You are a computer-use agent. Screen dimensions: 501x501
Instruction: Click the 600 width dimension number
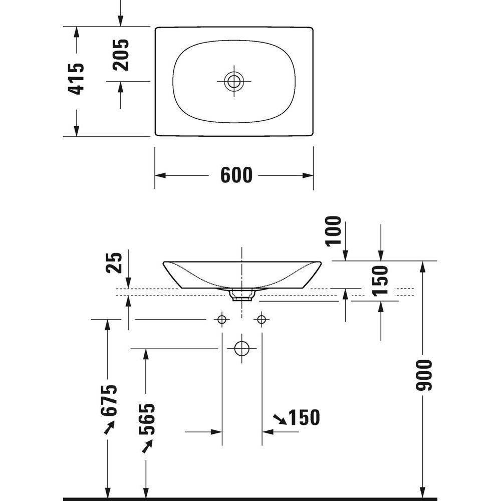point(236,175)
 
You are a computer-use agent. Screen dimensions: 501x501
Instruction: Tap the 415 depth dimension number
point(76,79)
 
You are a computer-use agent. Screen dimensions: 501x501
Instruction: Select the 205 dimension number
point(121,55)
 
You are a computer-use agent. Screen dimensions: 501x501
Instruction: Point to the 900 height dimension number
point(424,375)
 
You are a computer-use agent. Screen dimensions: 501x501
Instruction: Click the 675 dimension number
point(109,400)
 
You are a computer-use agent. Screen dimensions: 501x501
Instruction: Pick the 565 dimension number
point(147,419)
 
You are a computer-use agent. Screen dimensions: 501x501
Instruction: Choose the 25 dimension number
point(114,263)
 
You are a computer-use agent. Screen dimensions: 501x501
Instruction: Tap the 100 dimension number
point(333,231)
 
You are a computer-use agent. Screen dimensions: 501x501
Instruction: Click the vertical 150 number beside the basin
point(380,280)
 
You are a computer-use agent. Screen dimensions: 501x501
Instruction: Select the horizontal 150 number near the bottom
point(304,417)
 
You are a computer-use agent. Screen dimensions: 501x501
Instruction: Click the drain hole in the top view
point(234,81)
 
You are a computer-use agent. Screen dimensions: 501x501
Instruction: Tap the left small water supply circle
point(222,319)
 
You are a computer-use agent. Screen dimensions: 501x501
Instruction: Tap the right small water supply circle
point(262,319)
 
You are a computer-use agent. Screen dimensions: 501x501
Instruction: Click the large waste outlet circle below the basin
point(242,348)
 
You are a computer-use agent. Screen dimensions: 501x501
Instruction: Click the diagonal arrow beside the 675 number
point(109,427)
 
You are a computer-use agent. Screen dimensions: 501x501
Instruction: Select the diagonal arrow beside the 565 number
point(147,446)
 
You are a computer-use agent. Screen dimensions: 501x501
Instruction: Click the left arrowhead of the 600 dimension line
point(160,175)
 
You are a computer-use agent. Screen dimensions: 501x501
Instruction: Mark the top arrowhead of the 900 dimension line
point(423,267)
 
